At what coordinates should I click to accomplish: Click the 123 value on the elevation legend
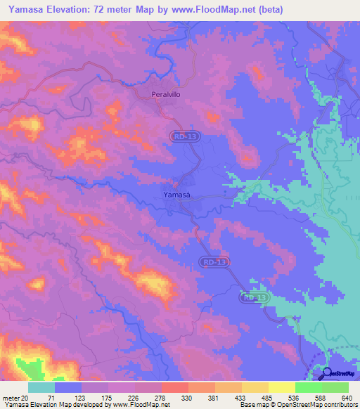pos(70,398)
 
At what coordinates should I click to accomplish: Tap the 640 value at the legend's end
pos(346,398)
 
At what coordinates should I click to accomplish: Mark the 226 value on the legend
pos(136,398)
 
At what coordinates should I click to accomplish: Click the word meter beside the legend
pos(10,398)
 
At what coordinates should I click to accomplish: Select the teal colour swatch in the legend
pos(41,387)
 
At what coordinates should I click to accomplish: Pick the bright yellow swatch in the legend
pos(281,387)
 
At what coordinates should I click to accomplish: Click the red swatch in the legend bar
pos(174,387)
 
